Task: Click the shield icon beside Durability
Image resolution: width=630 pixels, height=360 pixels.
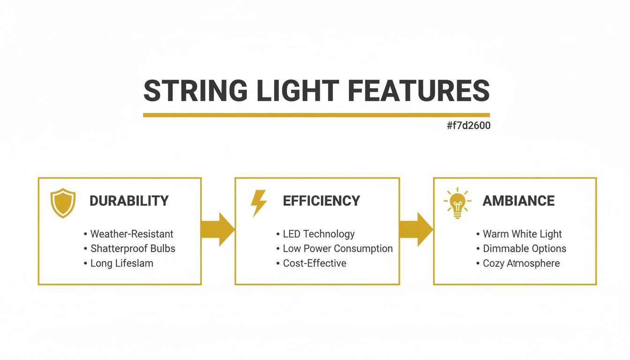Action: click(63, 202)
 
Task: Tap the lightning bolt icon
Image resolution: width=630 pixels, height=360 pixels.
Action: click(259, 203)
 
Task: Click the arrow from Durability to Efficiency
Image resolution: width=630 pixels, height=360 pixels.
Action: click(218, 229)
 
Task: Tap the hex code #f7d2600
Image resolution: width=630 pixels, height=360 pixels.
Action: click(469, 126)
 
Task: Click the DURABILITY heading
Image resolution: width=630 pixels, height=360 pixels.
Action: click(129, 201)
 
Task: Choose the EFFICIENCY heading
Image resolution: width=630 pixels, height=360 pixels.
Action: click(322, 201)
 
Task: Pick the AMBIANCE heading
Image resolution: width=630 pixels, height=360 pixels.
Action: click(518, 201)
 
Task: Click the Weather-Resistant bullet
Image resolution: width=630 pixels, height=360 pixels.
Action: click(132, 234)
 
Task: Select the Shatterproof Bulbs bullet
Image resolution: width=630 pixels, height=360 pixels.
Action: click(133, 248)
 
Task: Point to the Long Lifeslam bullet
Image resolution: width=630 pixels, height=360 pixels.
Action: click(122, 263)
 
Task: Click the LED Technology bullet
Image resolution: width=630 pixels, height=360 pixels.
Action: click(319, 234)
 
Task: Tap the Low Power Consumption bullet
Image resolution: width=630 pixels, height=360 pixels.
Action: click(337, 248)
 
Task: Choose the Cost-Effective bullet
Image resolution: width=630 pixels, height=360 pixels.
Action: click(315, 263)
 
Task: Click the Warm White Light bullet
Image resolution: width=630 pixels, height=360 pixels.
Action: click(522, 234)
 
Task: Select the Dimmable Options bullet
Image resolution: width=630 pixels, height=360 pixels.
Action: click(525, 248)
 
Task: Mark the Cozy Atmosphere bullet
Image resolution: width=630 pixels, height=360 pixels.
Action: click(521, 263)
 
